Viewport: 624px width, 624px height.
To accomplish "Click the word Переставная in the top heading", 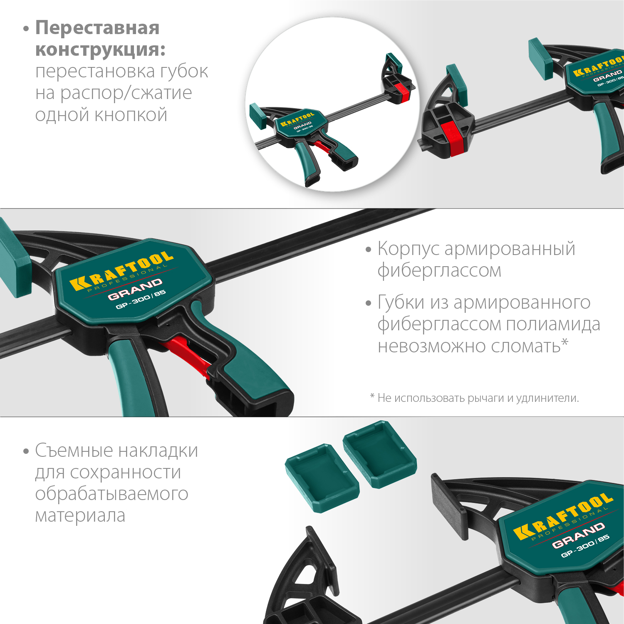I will pyautogui.click(x=97, y=28).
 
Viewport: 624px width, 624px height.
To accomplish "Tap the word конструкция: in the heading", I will pyautogui.click(x=100, y=50).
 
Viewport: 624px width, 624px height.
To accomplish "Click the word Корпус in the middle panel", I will pyautogui.click(x=409, y=249).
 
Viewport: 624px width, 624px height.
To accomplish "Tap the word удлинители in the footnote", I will pyautogui.click(x=547, y=398).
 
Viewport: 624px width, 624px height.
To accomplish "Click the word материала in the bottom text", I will pyautogui.click(x=80, y=515).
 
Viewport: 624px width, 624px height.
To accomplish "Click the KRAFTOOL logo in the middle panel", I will pyautogui.click(x=121, y=271).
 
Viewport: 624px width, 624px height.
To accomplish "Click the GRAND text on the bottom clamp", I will pyautogui.click(x=578, y=535).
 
